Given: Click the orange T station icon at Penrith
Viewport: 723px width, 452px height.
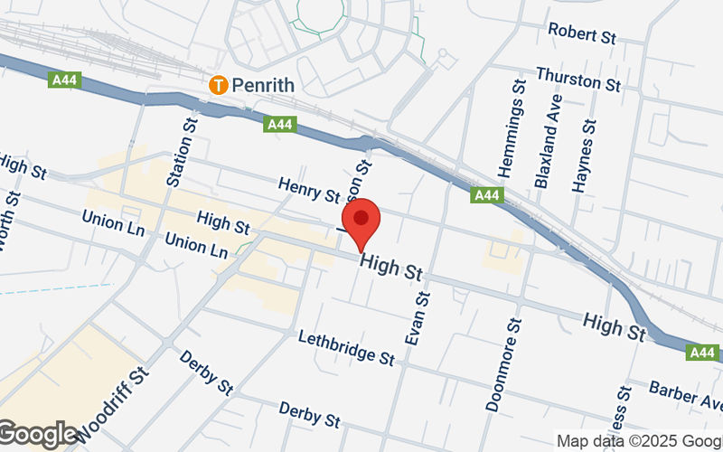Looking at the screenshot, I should pyautogui.click(x=217, y=86).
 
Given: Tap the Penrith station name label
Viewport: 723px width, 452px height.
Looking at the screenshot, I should pyautogui.click(x=264, y=86).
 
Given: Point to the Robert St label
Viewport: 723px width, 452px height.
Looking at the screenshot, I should pyautogui.click(x=582, y=33).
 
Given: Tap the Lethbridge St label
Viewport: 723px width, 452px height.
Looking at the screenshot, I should pyautogui.click(x=346, y=346).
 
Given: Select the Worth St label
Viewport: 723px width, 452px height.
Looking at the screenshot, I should pyautogui.click(x=10, y=222).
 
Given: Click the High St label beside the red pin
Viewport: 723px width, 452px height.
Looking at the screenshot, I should pyautogui.click(x=390, y=267).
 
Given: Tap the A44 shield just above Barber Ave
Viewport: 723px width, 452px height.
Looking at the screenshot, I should pyautogui.click(x=701, y=353).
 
